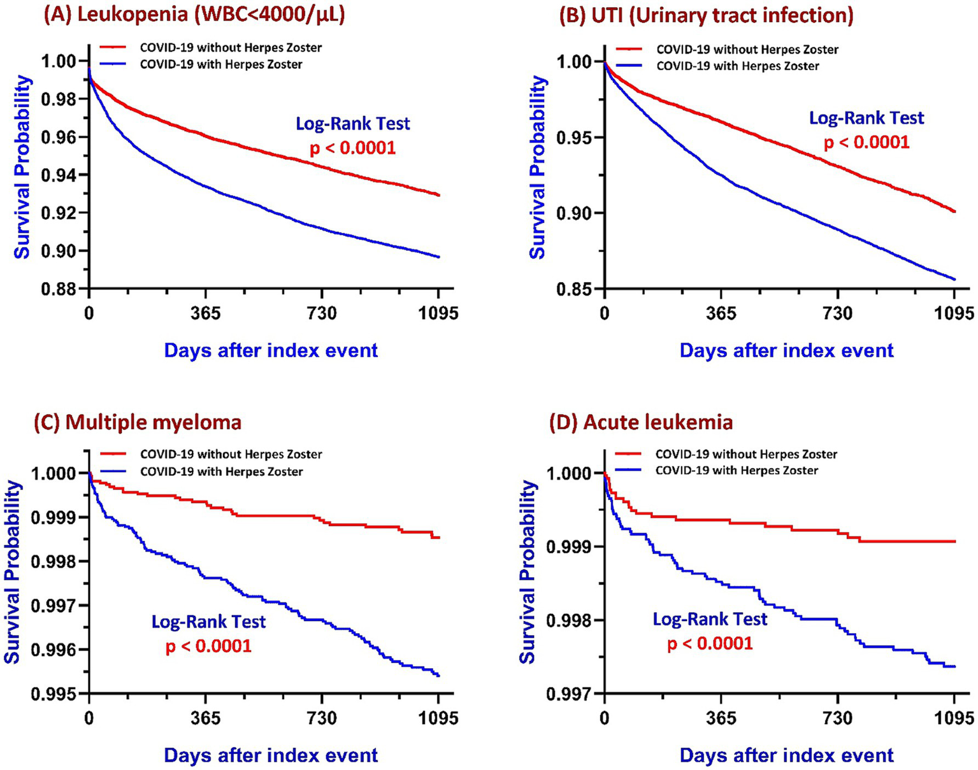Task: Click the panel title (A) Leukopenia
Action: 194,15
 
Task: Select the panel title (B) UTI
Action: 706,15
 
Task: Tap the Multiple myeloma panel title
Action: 138,422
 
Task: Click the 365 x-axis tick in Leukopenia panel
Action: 205,313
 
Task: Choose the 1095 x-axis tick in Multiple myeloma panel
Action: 438,718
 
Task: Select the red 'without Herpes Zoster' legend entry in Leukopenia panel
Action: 230,48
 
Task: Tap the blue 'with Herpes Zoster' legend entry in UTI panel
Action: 737,66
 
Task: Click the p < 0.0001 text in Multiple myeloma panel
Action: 208,646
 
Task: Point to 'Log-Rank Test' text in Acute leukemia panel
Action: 710,618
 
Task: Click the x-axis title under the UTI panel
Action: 786,350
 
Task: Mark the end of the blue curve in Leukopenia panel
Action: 439,257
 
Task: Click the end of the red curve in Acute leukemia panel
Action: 955,541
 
